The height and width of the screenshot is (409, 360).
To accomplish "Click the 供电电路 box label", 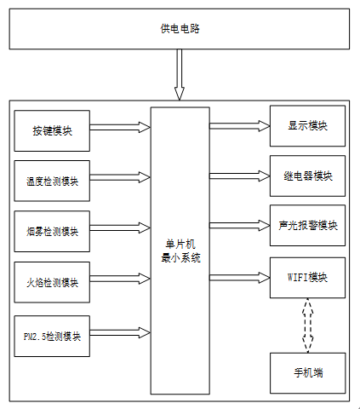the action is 180,29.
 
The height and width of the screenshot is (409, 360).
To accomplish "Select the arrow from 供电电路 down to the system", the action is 180,74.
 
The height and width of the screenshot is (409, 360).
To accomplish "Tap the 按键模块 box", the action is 52,131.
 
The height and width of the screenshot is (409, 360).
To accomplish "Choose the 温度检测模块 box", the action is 52,181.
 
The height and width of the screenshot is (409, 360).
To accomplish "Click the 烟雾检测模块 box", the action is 52,231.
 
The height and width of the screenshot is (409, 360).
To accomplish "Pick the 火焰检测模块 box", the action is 52,282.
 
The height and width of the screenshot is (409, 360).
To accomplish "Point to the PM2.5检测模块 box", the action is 52,336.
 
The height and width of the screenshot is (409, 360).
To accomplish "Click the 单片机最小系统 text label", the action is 180,251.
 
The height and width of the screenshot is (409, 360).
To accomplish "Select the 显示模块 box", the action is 307,126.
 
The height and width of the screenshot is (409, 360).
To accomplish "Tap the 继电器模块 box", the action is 307,176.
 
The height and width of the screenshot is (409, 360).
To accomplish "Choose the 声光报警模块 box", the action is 307,226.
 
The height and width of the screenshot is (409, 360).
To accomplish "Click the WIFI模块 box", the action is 307,278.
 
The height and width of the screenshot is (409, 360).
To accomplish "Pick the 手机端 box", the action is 307,373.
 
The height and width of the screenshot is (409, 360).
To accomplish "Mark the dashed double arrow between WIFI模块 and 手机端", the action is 308,325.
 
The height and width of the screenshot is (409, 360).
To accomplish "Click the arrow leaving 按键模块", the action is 120,127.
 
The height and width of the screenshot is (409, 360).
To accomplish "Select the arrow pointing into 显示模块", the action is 240,126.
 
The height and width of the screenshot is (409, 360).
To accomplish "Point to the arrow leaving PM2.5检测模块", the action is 120,332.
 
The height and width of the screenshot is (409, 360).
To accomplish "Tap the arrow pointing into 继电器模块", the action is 240,176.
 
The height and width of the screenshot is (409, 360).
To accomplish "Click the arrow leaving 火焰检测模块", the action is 120,279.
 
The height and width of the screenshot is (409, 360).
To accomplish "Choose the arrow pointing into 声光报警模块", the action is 240,226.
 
